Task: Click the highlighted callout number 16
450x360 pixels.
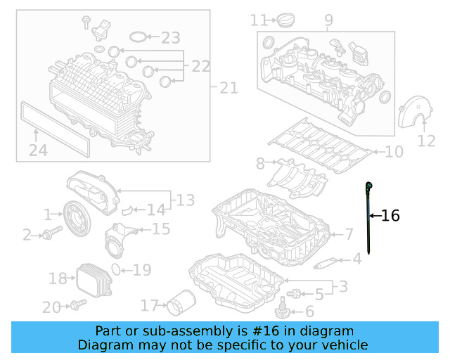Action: [x=390, y=216]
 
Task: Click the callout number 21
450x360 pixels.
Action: [x=229, y=88]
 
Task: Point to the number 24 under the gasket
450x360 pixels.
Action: [x=38, y=149]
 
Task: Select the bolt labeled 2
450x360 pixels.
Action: [x=49, y=235]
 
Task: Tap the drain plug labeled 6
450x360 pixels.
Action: [x=283, y=308]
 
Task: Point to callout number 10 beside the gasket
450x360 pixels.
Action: [x=393, y=151]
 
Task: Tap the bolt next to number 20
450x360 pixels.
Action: [x=77, y=305]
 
